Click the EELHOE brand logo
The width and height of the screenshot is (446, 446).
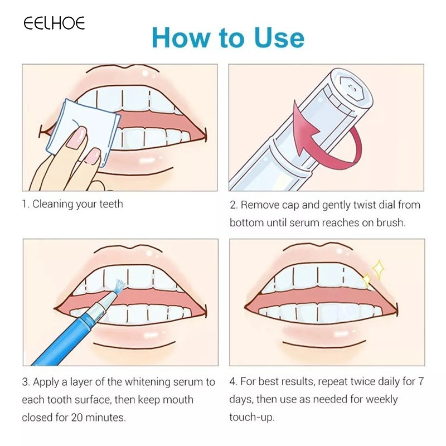[54, 23]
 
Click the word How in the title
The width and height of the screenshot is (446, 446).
[181, 37]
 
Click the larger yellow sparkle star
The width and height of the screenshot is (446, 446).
[379, 269]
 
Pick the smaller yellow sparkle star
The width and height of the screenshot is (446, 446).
[367, 280]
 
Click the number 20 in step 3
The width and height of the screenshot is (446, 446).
[77, 418]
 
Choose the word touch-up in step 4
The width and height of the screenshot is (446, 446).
[252, 417]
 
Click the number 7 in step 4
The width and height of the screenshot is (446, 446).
[421, 381]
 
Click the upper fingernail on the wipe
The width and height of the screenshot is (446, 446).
[77, 137]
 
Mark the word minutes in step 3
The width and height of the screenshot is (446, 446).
[105, 418]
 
